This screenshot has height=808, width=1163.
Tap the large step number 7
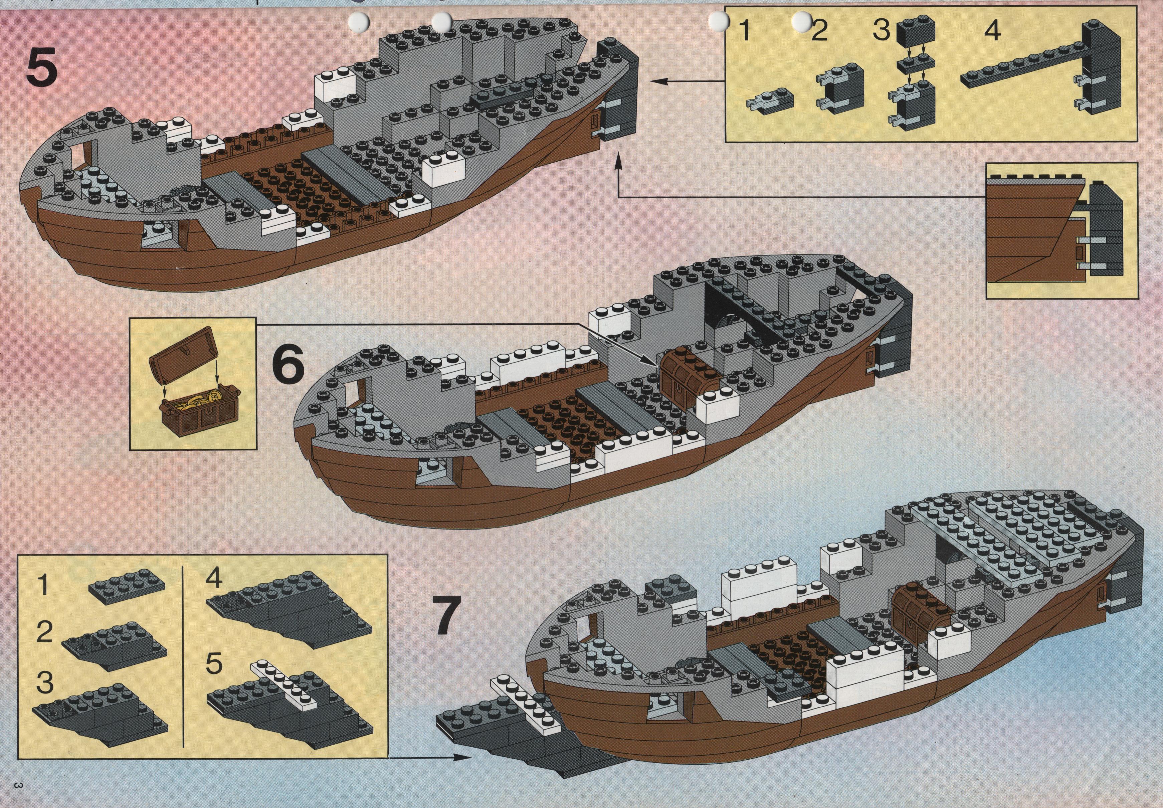click(447, 615)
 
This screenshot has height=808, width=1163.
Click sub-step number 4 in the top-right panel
click(992, 31)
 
